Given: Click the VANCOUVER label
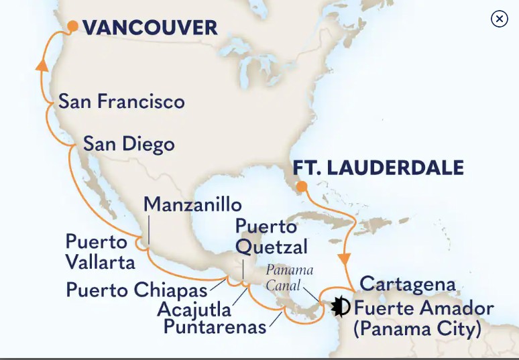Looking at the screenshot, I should [150, 27].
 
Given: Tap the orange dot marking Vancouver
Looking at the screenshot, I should [72, 26].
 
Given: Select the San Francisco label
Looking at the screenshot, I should [121, 102].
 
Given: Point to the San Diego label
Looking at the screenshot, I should [129, 144].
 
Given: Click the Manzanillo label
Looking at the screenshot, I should [192, 204].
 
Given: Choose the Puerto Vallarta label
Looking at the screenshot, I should [100, 251].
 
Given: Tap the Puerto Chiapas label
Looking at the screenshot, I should [136, 290].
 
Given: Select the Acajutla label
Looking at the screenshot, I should [194, 309].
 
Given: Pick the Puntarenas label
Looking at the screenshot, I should [215, 327].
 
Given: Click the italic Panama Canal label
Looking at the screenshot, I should [290, 278].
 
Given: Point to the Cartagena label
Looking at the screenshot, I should [408, 284].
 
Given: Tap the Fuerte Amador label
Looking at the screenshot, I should [424, 308].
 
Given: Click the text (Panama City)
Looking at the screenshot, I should [418, 329].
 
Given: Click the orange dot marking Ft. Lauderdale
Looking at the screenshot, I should [302, 186].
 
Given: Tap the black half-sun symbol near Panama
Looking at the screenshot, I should [341, 306].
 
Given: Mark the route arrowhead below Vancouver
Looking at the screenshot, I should [42, 65].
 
